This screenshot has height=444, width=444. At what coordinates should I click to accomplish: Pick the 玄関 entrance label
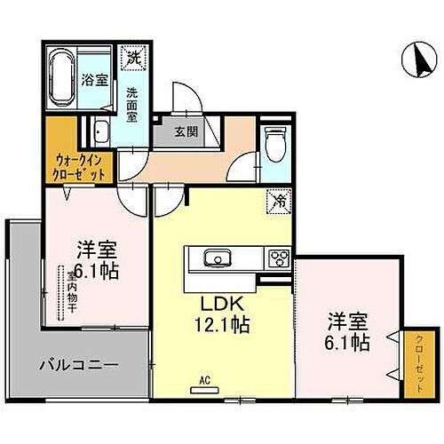click(186, 133)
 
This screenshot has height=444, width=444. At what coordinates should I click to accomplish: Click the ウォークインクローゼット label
click(81, 167)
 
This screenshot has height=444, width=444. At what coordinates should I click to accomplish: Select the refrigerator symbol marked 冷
click(277, 202)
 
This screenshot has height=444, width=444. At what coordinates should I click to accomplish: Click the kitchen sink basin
click(216, 259)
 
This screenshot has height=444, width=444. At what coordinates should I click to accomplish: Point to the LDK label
click(214, 302)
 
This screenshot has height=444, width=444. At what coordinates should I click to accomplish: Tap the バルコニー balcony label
click(78, 365)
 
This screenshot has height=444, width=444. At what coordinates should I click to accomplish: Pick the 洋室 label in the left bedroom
click(97, 250)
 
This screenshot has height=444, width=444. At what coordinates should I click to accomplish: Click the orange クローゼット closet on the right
click(414, 363)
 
